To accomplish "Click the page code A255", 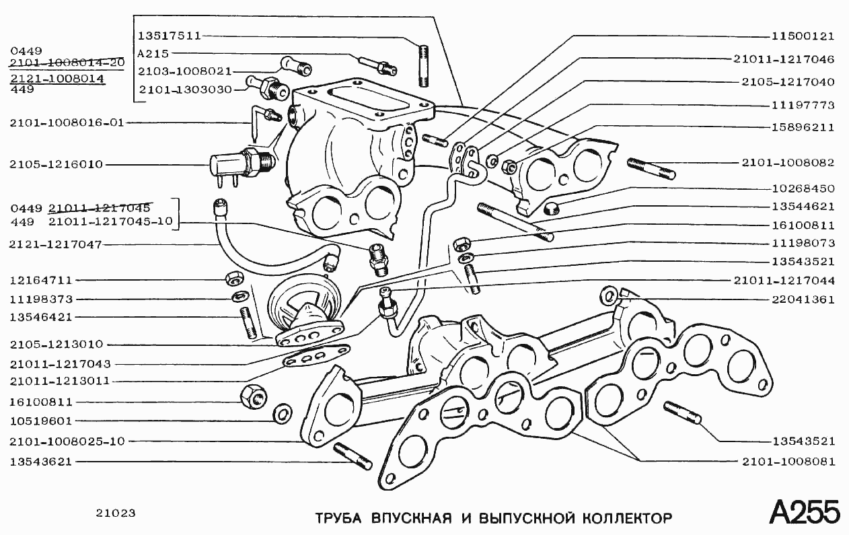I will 804,513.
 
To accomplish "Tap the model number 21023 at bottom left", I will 116,513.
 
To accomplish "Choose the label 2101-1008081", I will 788,462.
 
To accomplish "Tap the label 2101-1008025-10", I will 67,441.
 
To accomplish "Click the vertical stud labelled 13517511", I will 424,65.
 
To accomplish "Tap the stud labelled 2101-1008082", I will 651,168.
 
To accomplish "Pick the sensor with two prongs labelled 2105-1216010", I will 232,166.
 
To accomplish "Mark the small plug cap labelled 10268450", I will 551,207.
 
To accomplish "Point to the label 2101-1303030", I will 185,89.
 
